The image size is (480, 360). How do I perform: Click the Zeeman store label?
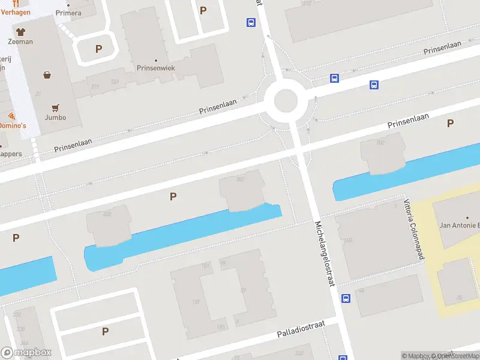[20, 41]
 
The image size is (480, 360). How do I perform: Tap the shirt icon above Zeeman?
[20, 31]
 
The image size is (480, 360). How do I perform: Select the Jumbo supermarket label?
[55, 117]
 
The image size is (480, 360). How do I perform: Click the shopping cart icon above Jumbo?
[55, 108]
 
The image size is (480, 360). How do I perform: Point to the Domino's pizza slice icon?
[11, 116]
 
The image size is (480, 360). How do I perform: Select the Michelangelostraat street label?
[324, 253]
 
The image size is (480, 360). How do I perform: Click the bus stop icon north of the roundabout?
[250, 23]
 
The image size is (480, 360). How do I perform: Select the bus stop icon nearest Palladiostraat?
[346, 298]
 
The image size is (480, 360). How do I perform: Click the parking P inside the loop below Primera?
[98, 49]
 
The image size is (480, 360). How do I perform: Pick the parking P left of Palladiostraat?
[105, 331]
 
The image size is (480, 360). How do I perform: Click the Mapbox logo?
[26, 353]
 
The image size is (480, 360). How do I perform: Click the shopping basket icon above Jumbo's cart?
[47, 75]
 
